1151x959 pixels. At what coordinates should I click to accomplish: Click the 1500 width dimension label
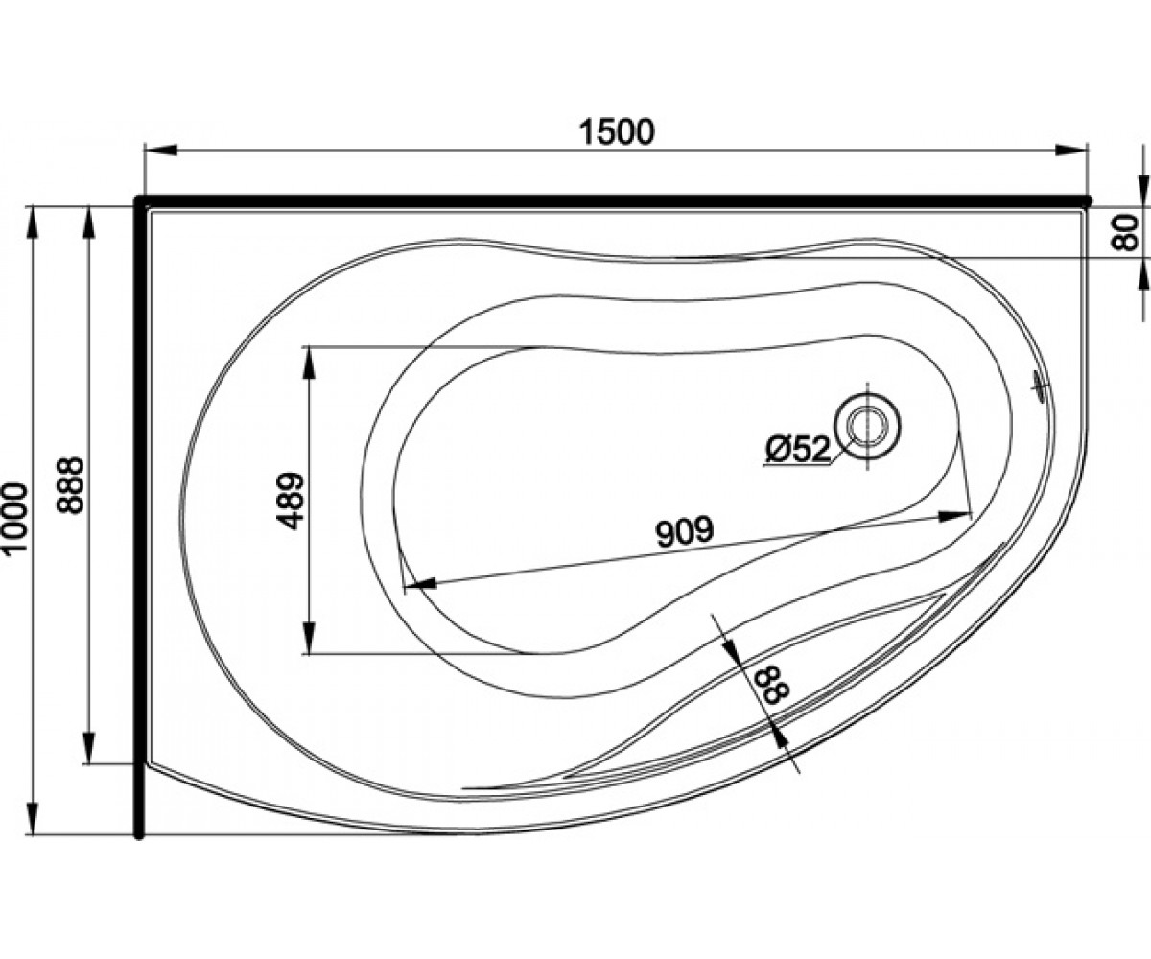[x=618, y=132]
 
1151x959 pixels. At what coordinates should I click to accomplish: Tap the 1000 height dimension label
[x=15, y=517]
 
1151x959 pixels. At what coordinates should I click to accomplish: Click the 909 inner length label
[x=685, y=530]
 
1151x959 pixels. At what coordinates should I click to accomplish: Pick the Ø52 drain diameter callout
[x=798, y=450]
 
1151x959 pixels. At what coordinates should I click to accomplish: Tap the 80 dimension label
[x=1125, y=233]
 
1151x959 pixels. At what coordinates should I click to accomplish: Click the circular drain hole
[x=868, y=427]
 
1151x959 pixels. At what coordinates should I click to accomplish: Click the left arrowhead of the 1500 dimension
[x=160, y=151]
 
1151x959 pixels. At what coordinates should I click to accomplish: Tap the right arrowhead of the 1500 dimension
[x=1071, y=151]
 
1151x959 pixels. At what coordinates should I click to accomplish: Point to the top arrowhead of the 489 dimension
[x=309, y=363]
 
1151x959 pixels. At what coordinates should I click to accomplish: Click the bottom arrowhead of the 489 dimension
[x=309, y=638]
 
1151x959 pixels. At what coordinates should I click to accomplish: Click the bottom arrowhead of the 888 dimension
[x=89, y=748]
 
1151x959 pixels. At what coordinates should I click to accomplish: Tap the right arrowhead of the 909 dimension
[x=954, y=516]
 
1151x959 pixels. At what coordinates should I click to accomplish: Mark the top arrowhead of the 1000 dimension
[x=34, y=222]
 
